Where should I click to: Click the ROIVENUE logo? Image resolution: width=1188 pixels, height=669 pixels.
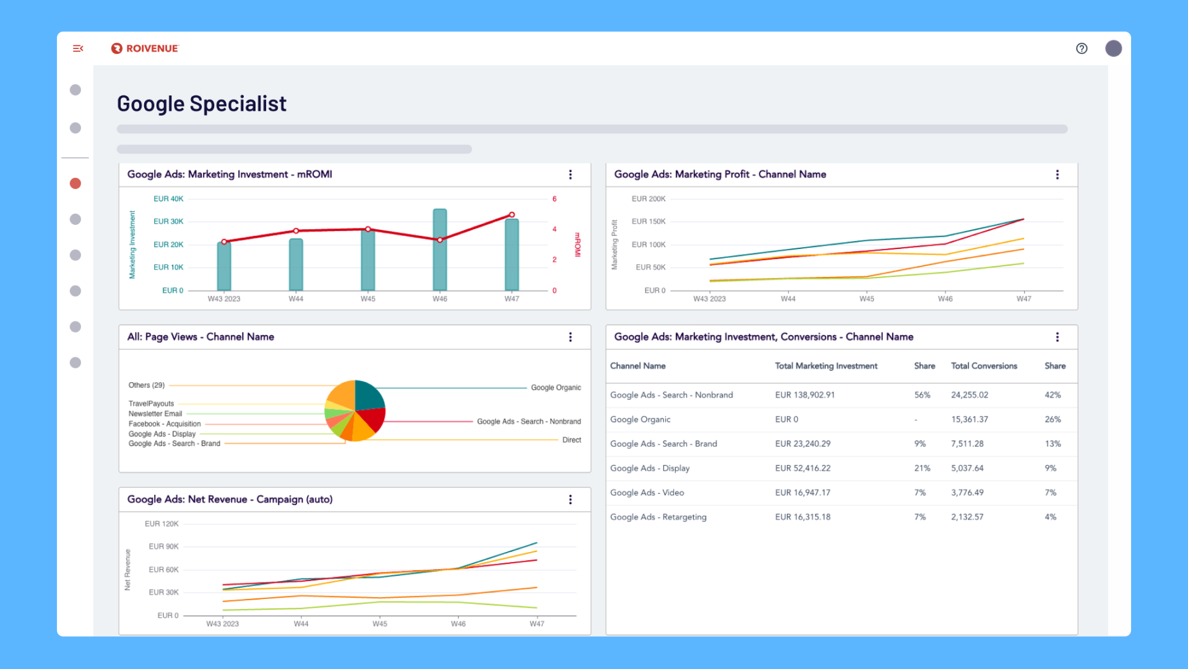(x=145, y=48)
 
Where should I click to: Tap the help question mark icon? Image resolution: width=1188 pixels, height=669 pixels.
(x=1082, y=48)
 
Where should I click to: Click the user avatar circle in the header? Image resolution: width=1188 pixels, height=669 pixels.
(x=1114, y=48)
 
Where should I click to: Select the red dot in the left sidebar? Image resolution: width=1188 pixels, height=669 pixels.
(x=75, y=183)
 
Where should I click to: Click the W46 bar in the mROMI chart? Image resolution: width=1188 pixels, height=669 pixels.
(x=440, y=250)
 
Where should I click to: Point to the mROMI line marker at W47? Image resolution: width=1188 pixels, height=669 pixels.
(x=512, y=215)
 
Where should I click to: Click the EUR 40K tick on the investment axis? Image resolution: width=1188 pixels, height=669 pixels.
(x=168, y=199)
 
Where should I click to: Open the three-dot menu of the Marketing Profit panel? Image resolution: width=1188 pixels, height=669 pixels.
(x=1057, y=175)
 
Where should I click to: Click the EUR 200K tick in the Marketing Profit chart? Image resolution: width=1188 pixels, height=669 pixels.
(x=648, y=199)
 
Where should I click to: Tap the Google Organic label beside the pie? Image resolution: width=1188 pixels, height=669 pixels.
(x=556, y=388)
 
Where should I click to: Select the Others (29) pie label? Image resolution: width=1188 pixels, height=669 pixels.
(x=147, y=385)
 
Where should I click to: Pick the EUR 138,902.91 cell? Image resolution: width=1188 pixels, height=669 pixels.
(x=805, y=395)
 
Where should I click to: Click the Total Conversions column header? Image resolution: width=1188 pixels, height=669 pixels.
(x=984, y=366)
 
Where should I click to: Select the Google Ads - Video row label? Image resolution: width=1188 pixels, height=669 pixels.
(x=647, y=493)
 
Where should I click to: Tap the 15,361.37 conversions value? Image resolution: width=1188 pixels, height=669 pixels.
(x=970, y=419)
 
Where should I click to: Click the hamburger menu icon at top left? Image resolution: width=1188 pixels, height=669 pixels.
(x=78, y=48)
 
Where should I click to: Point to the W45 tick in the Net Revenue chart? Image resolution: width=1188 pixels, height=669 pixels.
(x=380, y=624)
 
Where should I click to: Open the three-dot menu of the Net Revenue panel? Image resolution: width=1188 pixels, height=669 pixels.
(x=570, y=500)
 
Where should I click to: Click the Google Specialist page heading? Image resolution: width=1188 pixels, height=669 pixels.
(x=202, y=104)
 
